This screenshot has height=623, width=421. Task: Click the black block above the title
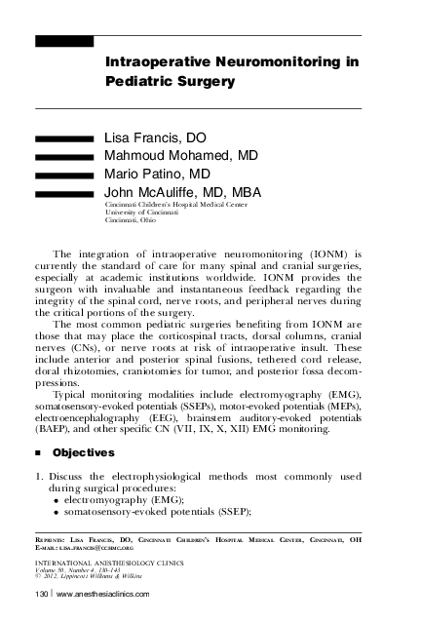click(64, 41)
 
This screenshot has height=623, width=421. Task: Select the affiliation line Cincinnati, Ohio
click(130, 221)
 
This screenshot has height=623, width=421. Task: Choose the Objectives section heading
click(84, 452)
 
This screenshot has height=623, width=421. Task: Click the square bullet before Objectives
click(37, 453)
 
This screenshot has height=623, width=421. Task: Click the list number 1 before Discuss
click(38, 476)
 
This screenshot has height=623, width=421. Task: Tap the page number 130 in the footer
click(42, 594)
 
